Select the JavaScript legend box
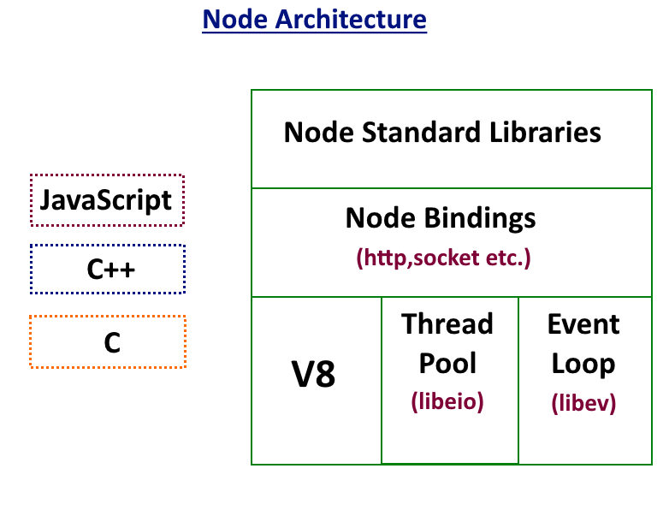point(107,200)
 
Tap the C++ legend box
point(108,270)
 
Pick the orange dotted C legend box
point(108,341)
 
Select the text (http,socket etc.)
point(443,258)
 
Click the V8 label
point(313,375)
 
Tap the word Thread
point(447,324)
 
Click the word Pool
point(447,363)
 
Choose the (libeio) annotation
point(447,400)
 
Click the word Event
point(583,324)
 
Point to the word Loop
point(583,363)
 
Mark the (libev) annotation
point(583,402)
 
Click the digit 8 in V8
point(325,375)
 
